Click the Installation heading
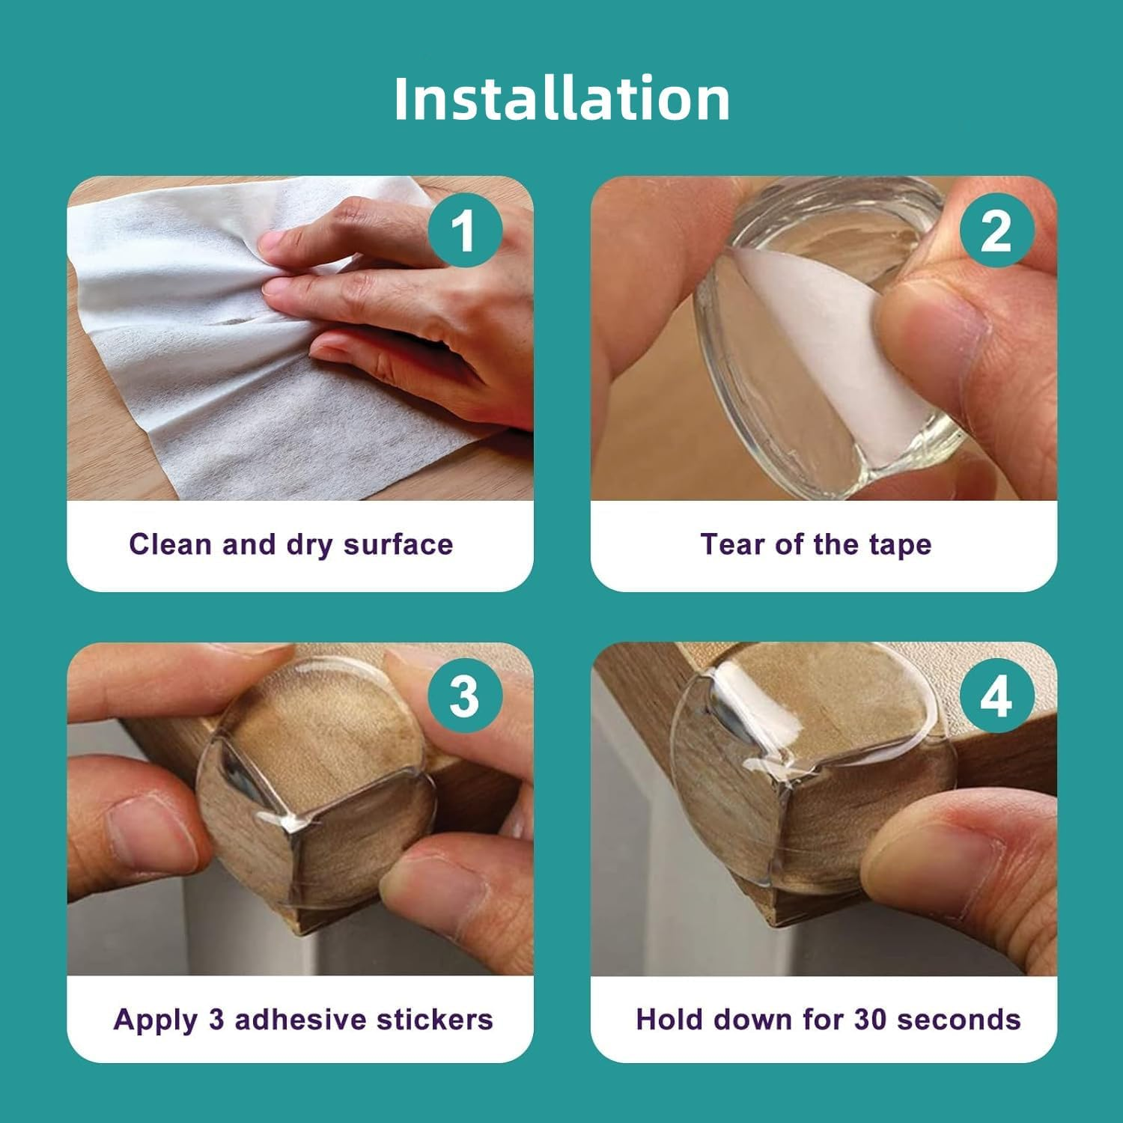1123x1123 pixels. (561, 98)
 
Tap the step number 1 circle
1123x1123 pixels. (465, 231)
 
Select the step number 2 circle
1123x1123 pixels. (996, 231)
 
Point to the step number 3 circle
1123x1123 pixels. (465, 697)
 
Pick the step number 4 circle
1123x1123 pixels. (996, 697)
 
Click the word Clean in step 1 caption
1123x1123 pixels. (171, 544)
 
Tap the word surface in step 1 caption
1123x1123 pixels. (398, 544)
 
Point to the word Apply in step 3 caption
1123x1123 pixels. (156, 1020)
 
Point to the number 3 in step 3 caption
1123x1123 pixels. (216, 1020)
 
